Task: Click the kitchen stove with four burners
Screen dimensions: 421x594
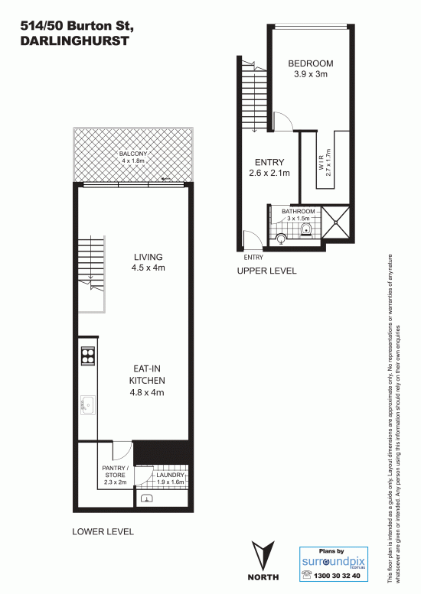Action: [x=87, y=355]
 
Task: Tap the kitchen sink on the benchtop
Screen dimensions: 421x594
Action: [x=87, y=405]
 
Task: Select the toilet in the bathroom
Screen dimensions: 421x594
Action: [x=305, y=230]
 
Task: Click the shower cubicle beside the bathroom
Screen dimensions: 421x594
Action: [x=335, y=222]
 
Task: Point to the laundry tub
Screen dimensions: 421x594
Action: [x=147, y=498]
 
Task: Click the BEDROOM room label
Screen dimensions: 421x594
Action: [x=311, y=63]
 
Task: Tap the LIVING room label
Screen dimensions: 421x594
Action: [x=148, y=257]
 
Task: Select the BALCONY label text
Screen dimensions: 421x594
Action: [x=133, y=154]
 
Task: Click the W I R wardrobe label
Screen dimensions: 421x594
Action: [x=321, y=163]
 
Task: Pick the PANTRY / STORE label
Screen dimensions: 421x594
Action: [x=116, y=472]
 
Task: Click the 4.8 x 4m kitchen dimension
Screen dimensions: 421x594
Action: [x=147, y=392]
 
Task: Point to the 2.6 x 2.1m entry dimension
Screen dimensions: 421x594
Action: [x=269, y=173]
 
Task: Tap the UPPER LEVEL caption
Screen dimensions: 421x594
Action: [x=266, y=271]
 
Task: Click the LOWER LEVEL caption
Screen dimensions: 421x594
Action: [x=103, y=531]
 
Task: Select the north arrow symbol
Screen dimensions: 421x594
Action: [x=263, y=556]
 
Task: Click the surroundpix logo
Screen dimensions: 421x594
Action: [x=334, y=561]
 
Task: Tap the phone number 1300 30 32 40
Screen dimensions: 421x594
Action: [x=337, y=576]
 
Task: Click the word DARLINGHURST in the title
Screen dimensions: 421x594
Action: [x=75, y=41]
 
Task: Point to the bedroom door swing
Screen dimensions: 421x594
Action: [x=283, y=122]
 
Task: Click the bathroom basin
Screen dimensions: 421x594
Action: [x=281, y=239]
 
